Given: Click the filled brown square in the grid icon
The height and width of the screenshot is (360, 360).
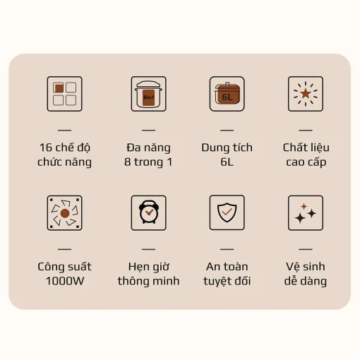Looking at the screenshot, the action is coord(59,88).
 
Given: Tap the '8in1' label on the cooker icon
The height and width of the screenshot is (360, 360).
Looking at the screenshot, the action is coord(149,97).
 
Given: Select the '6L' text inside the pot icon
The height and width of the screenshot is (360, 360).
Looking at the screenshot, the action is coord(227,97).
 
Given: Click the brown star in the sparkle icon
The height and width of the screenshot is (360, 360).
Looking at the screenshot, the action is coord(306,93).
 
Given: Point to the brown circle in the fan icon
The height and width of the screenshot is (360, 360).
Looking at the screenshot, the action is coord(65,213).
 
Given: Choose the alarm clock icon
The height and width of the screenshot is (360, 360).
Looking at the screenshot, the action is coord(149,212).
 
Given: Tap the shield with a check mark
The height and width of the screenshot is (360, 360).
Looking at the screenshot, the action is coord(227,212).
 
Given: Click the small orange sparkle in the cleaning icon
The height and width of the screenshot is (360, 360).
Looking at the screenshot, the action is coord(304,206).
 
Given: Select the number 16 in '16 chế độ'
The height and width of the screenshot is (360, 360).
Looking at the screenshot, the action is coord(46,148).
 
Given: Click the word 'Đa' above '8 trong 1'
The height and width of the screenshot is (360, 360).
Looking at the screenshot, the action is coord(133,148).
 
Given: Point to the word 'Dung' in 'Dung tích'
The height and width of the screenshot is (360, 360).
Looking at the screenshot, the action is coord(212,148).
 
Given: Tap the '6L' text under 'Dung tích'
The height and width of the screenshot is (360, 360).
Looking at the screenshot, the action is coord(227,162).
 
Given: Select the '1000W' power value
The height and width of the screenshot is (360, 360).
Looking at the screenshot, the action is coord(65,281).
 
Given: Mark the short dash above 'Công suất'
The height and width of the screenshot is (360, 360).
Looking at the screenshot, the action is coord(64,249).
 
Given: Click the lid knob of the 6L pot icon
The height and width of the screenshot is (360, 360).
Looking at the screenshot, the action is coord(227,83).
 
